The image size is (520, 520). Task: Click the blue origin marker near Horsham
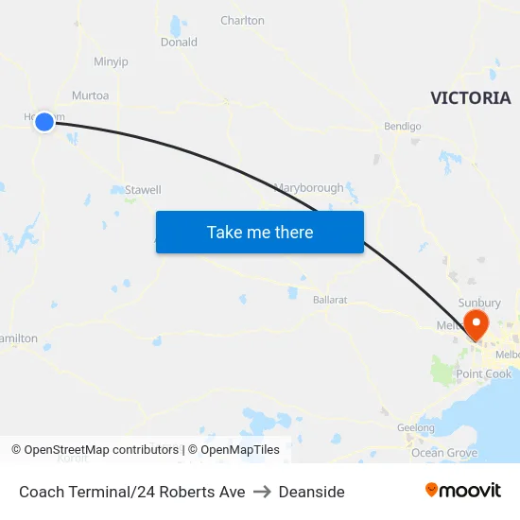pos(43,121)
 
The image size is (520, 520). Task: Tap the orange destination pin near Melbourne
pos(476,324)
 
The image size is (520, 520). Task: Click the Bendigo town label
pos(402,126)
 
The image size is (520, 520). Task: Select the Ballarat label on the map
pos(330,300)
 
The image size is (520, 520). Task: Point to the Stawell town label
pos(144,190)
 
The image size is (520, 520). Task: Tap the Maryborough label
pos(309,188)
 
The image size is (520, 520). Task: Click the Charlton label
pos(242,20)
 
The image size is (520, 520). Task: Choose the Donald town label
pos(179,43)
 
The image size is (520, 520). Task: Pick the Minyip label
pos(111,62)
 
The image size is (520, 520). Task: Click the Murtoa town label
pos(91,95)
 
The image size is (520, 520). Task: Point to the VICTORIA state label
pos(470,98)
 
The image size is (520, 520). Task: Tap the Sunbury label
pos(478,303)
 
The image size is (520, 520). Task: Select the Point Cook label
pos(483,374)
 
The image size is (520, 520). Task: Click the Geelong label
pos(416,427)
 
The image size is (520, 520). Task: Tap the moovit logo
pos(463,490)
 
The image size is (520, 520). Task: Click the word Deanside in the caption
pos(312,492)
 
